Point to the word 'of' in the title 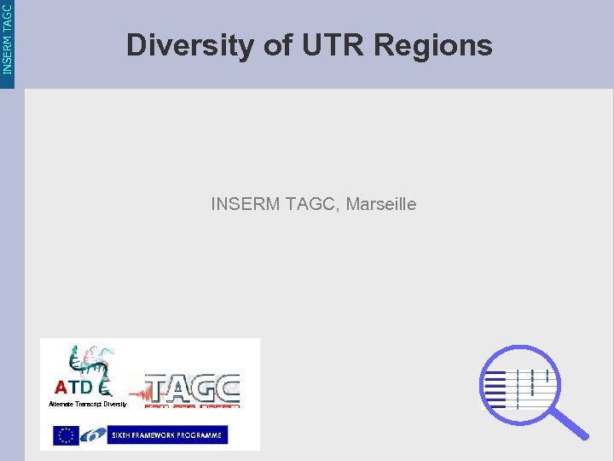coord(278,45)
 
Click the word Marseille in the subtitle coord(381,205)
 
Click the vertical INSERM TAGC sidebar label coord(8,38)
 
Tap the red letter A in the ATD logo coord(61,387)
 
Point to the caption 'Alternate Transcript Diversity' coord(87,404)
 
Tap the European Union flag coord(66,435)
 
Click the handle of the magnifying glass coord(568,420)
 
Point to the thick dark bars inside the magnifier coord(495,388)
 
